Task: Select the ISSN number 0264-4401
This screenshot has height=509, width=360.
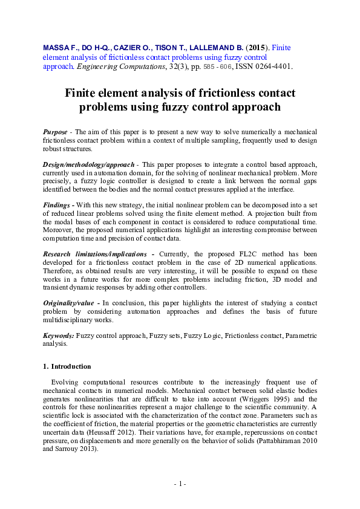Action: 272,67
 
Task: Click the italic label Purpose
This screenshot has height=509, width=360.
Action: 55,131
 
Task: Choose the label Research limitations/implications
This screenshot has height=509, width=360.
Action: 94,254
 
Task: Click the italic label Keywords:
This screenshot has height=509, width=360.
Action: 59,335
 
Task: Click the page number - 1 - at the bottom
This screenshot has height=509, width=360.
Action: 180,484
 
